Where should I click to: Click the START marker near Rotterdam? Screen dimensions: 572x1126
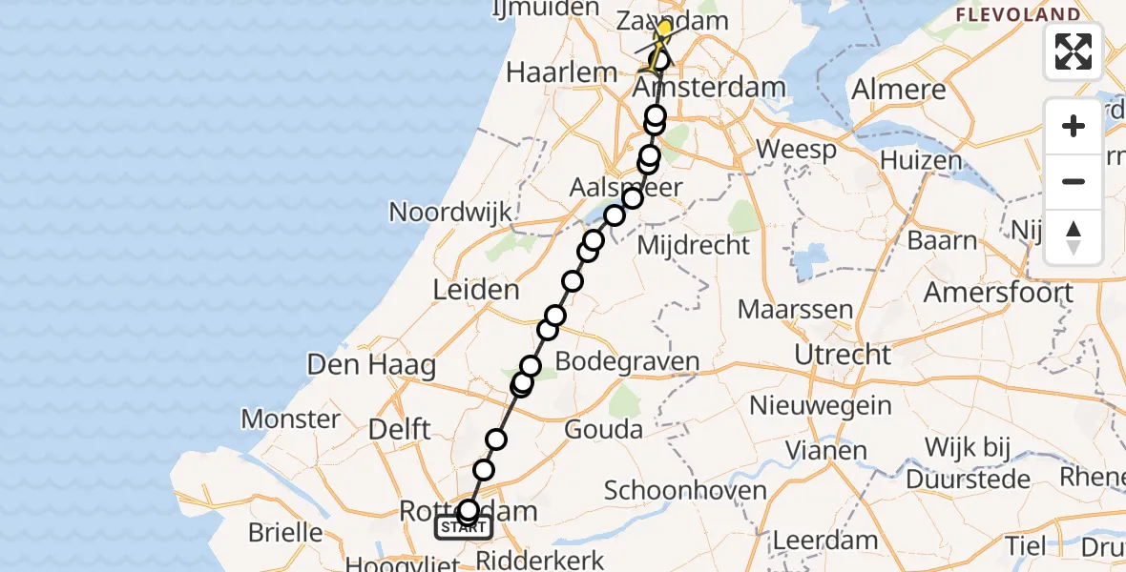point(464,527)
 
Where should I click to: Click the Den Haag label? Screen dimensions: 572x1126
point(371,364)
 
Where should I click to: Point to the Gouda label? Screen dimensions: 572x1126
point(603,429)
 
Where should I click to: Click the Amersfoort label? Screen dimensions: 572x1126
point(998,292)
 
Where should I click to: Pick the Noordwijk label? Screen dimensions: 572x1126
point(451,212)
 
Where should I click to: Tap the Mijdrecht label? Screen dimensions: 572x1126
point(693,245)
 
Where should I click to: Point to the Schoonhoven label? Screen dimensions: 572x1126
point(685,491)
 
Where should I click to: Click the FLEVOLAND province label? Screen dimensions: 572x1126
point(1018,15)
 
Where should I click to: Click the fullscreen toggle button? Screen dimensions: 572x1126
point(1074,51)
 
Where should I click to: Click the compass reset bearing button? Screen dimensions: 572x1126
point(1074,237)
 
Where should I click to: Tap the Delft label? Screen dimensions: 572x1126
point(399,429)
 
